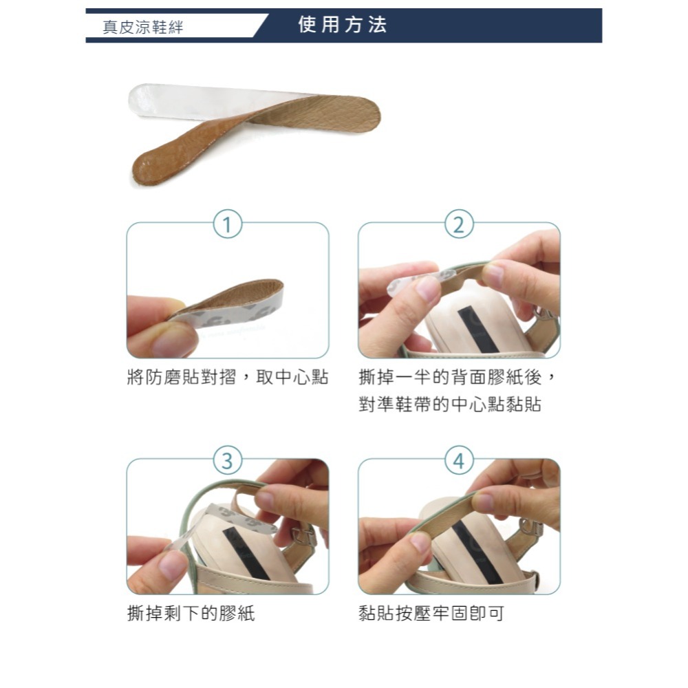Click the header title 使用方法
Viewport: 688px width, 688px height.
(343, 25)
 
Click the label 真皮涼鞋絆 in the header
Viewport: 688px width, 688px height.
(143, 28)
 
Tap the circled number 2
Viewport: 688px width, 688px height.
(459, 224)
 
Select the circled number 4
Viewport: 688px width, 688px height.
(459, 460)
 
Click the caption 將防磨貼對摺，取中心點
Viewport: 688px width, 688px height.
(228, 378)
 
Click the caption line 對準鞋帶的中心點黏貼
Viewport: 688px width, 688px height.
(449, 405)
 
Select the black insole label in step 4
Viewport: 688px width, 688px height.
(473, 550)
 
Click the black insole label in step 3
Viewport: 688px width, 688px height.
(244, 554)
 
